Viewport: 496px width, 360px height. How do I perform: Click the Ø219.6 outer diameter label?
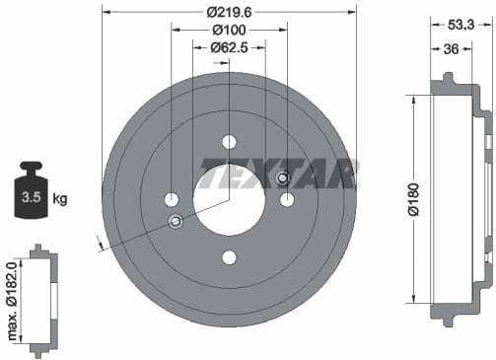point(229,13)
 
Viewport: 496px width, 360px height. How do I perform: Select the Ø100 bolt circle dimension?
point(229,30)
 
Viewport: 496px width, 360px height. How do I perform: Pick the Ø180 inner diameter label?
point(415,196)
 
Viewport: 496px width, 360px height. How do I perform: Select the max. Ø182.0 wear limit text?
point(13,300)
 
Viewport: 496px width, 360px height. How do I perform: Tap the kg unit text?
point(59,199)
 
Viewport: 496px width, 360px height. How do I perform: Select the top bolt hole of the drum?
point(229,141)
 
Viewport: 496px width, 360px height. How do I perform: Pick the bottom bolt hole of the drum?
point(229,257)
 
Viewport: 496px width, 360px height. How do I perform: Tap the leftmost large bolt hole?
point(171,199)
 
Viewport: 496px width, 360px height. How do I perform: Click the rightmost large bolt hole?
point(287,199)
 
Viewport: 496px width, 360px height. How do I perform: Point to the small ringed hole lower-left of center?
point(176,220)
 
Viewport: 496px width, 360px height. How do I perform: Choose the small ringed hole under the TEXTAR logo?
point(282,179)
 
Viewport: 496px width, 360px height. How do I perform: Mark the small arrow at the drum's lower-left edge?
point(100,241)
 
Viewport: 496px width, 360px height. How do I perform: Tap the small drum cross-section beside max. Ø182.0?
point(40,300)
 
